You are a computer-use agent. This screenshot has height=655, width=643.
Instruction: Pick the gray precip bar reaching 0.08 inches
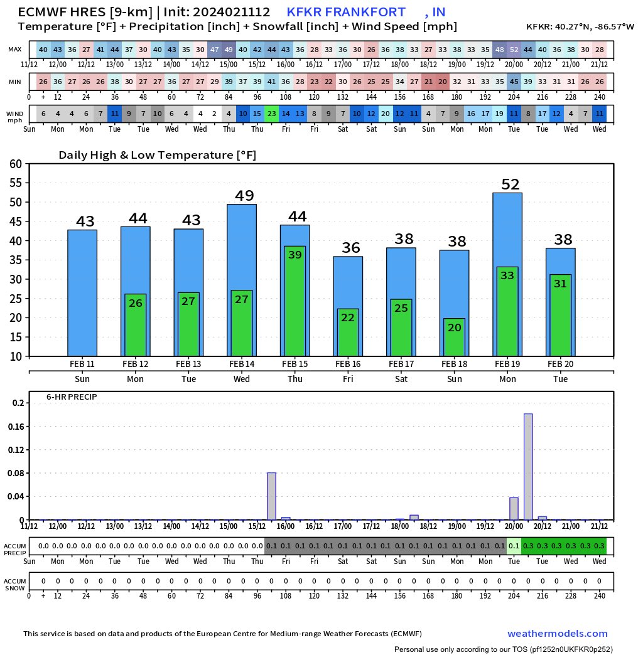coord(271,496)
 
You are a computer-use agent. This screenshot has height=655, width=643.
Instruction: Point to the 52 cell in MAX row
coord(514,50)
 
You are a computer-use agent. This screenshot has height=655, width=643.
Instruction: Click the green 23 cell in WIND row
coord(271,114)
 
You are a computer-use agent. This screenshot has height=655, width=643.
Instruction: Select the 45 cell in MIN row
coord(514,82)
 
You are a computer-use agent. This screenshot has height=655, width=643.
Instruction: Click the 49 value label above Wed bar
coord(244,196)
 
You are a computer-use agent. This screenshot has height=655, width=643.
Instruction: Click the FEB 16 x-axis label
coord(348,364)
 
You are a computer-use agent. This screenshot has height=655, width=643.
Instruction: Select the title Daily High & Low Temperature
coord(157,155)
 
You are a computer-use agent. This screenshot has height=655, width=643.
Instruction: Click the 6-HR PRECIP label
coord(71,397)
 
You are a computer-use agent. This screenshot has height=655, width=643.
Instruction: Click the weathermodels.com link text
coord(558,634)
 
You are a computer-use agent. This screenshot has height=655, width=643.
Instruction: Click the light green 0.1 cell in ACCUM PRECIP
coord(514,546)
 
